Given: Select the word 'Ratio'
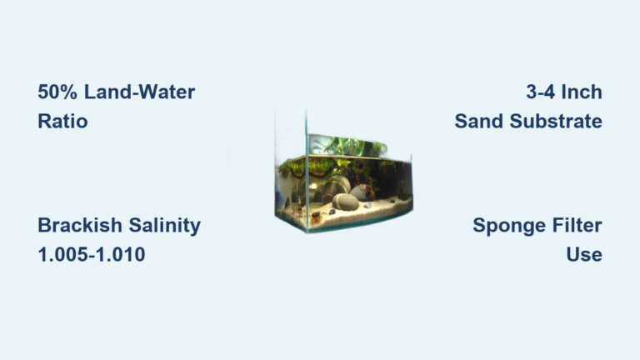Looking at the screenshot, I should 62,121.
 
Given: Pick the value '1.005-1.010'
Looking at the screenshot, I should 92,254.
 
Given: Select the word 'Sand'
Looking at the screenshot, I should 477,121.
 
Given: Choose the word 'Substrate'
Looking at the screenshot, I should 553,121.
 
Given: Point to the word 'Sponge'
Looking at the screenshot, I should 508,225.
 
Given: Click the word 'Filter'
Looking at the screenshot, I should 576,225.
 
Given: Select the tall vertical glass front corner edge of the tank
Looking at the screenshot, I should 307,167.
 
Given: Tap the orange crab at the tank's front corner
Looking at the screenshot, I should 316,217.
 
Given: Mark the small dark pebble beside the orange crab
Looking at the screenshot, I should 331,212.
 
